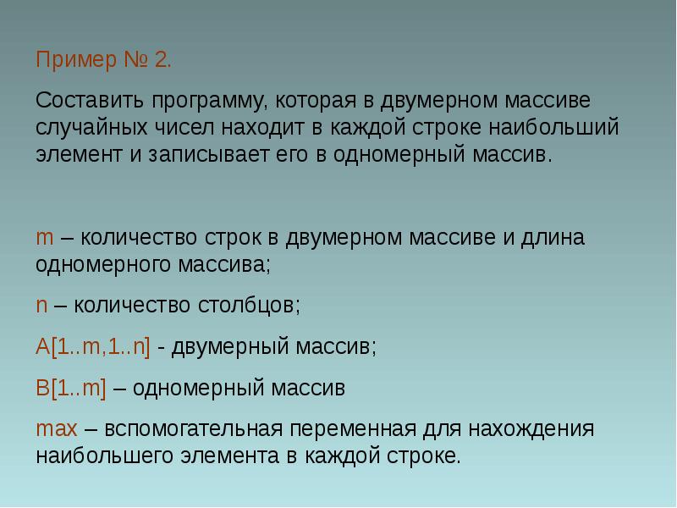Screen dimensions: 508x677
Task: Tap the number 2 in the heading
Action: [x=162, y=62]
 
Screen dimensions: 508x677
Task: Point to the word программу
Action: [x=209, y=101]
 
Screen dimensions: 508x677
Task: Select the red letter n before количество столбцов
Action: [x=41, y=305]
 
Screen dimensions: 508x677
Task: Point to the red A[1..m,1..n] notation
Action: [x=93, y=347]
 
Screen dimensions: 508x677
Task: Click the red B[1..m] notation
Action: [x=71, y=389]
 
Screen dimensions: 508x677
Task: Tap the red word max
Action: [x=56, y=429]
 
